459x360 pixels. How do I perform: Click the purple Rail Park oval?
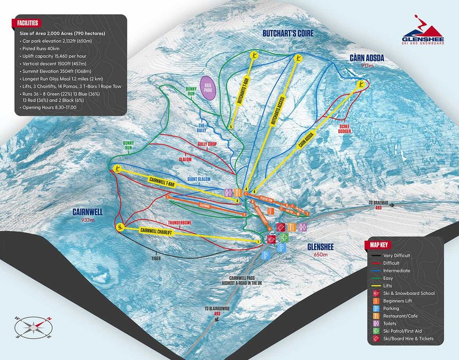[x=209, y=88]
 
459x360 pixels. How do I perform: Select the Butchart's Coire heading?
[x=287, y=33]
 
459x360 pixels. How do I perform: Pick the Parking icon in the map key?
[x=375, y=308]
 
